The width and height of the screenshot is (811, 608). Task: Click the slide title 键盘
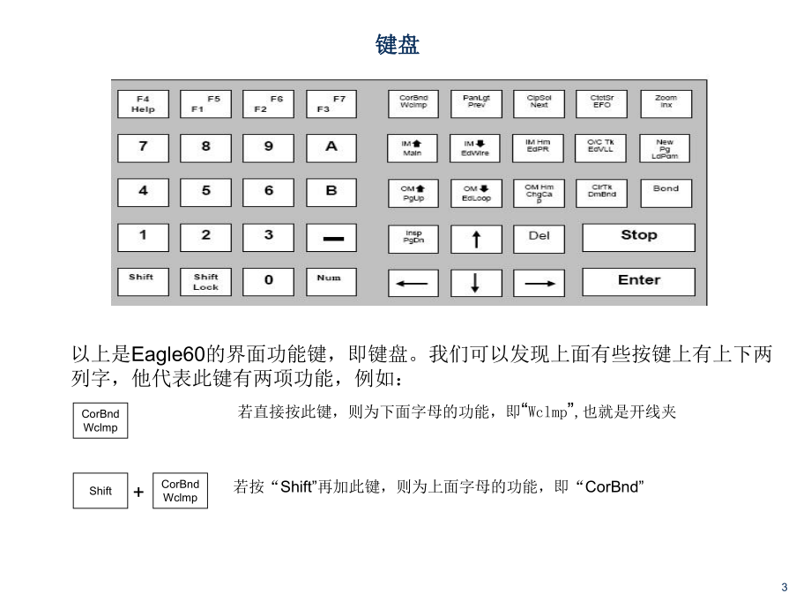398,46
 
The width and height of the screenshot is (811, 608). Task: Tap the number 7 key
143,147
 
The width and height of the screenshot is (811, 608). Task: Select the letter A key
331,147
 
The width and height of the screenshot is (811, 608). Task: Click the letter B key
331,191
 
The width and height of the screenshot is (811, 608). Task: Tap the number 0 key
268,281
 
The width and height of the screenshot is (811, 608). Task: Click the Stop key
638,236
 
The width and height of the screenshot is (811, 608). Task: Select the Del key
539,236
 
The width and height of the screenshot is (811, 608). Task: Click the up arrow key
475,237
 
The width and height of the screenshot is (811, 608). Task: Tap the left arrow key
413,283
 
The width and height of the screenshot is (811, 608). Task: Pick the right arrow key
539,283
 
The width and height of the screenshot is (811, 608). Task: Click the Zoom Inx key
666,103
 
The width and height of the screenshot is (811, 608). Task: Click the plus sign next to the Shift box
138,493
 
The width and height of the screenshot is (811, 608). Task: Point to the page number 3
785,589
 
